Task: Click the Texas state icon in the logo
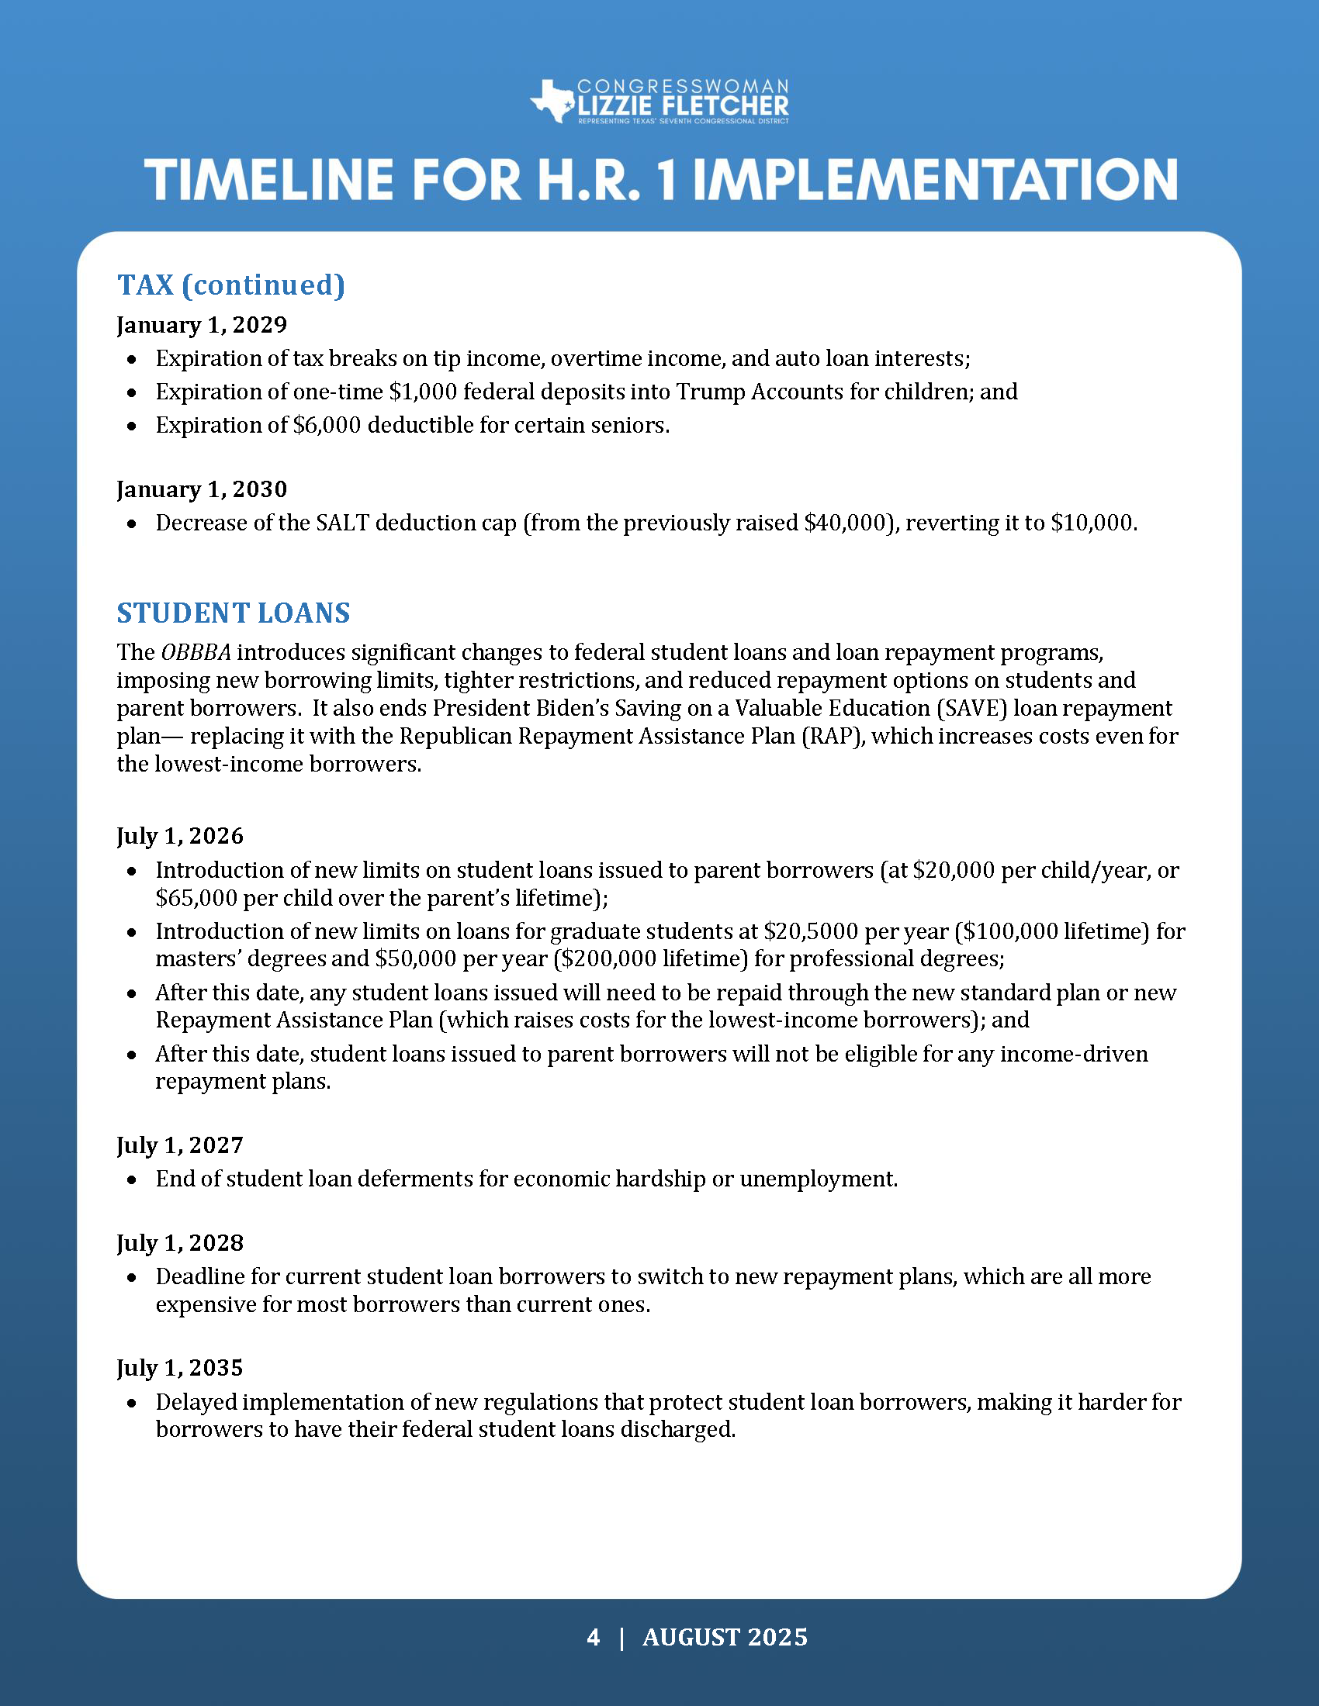554,101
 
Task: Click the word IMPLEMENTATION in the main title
936,181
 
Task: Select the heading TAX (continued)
230,285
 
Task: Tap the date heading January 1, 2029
202,325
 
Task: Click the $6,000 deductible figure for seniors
327,425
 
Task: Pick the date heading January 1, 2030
202,489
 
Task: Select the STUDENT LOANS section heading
234,613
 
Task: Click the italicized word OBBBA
196,652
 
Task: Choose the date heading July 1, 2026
180,836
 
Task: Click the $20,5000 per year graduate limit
806,931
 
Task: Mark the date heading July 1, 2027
180,1145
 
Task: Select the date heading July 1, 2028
180,1243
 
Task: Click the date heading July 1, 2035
180,1368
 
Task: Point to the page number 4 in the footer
593,1637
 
